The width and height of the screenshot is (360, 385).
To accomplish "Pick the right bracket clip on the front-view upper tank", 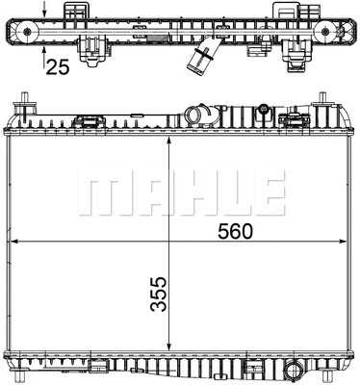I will tap(292, 121).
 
